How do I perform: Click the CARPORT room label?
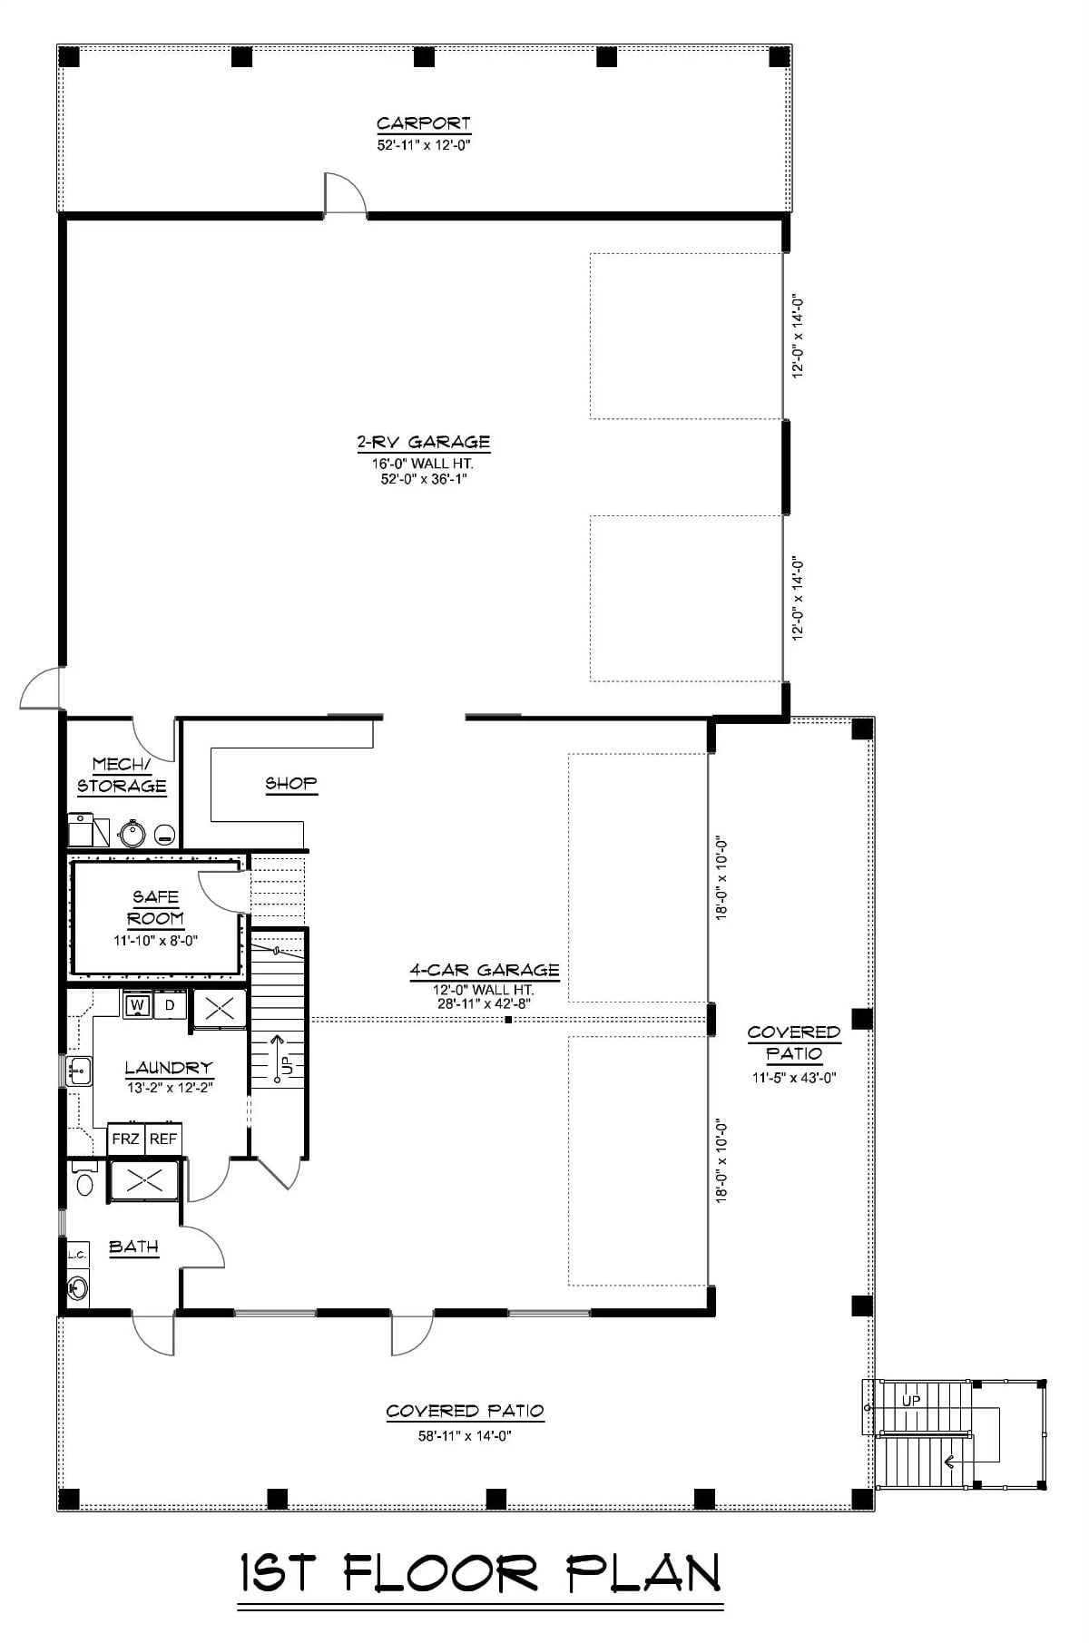pos(424,123)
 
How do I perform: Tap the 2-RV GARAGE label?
pos(423,443)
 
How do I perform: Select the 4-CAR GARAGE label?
pos(484,970)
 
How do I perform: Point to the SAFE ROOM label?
pos(156,907)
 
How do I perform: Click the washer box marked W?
pos(137,1005)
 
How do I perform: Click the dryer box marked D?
pos(169,1005)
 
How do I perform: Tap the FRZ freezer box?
pos(125,1139)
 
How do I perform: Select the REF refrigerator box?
pos(163,1139)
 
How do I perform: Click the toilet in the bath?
pos(85,1182)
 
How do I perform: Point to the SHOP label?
pos(290,783)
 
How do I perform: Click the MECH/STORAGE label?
pos(122,776)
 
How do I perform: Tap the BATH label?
pos(133,1247)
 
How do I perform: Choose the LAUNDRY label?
pos(169,1068)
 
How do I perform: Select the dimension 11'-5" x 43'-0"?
pos(794,1078)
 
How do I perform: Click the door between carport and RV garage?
pos(346,196)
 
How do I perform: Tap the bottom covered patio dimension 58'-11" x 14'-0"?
pos(465,1436)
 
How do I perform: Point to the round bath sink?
pos(77,1286)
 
